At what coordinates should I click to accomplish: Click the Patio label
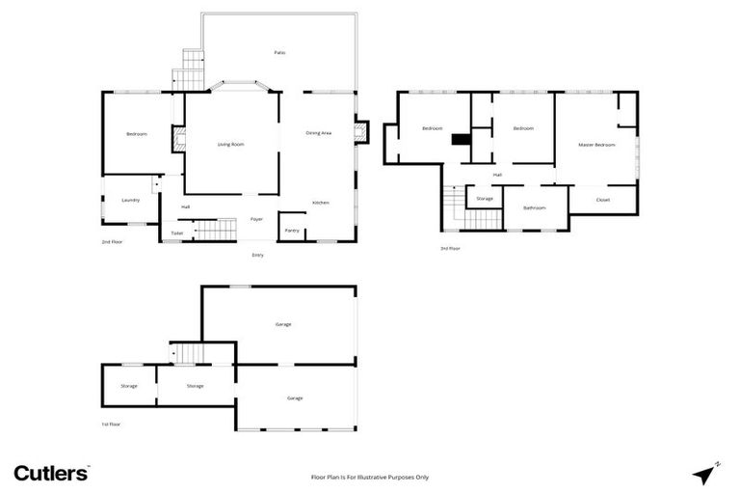pyautogui.click(x=279, y=52)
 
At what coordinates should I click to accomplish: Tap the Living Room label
pyautogui.click(x=230, y=144)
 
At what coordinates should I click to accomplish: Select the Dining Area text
pyautogui.click(x=319, y=133)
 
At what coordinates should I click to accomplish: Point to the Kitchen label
pyautogui.click(x=321, y=203)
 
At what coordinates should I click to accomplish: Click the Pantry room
pyautogui.click(x=291, y=230)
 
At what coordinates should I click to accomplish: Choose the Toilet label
pyautogui.click(x=176, y=233)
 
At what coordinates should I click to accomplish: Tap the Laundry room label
pyautogui.click(x=131, y=200)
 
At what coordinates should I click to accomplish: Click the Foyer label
pyautogui.click(x=257, y=219)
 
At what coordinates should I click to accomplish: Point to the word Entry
pyautogui.click(x=257, y=255)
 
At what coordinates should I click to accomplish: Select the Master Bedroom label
pyautogui.click(x=596, y=144)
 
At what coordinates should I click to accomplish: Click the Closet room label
pyautogui.click(x=603, y=200)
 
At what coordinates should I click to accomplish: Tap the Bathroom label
pyautogui.click(x=535, y=207)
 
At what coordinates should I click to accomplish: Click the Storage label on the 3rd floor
pyautogui.click(x=485, y=199)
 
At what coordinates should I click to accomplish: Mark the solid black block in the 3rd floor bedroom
pyautogui.click(x=462, y=139)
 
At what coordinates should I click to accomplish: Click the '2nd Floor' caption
pyautogui.click(x=113, y=241)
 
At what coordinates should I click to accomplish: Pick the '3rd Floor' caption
pyautogui.click(x=450, y=248)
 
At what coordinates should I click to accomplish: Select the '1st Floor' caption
pyautogui.click(x=112, y=424)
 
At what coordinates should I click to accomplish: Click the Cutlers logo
pyautogui.click(x=51, y=473)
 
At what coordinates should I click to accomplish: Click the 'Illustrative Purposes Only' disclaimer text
pyautogui.click(x=369, y=477)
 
